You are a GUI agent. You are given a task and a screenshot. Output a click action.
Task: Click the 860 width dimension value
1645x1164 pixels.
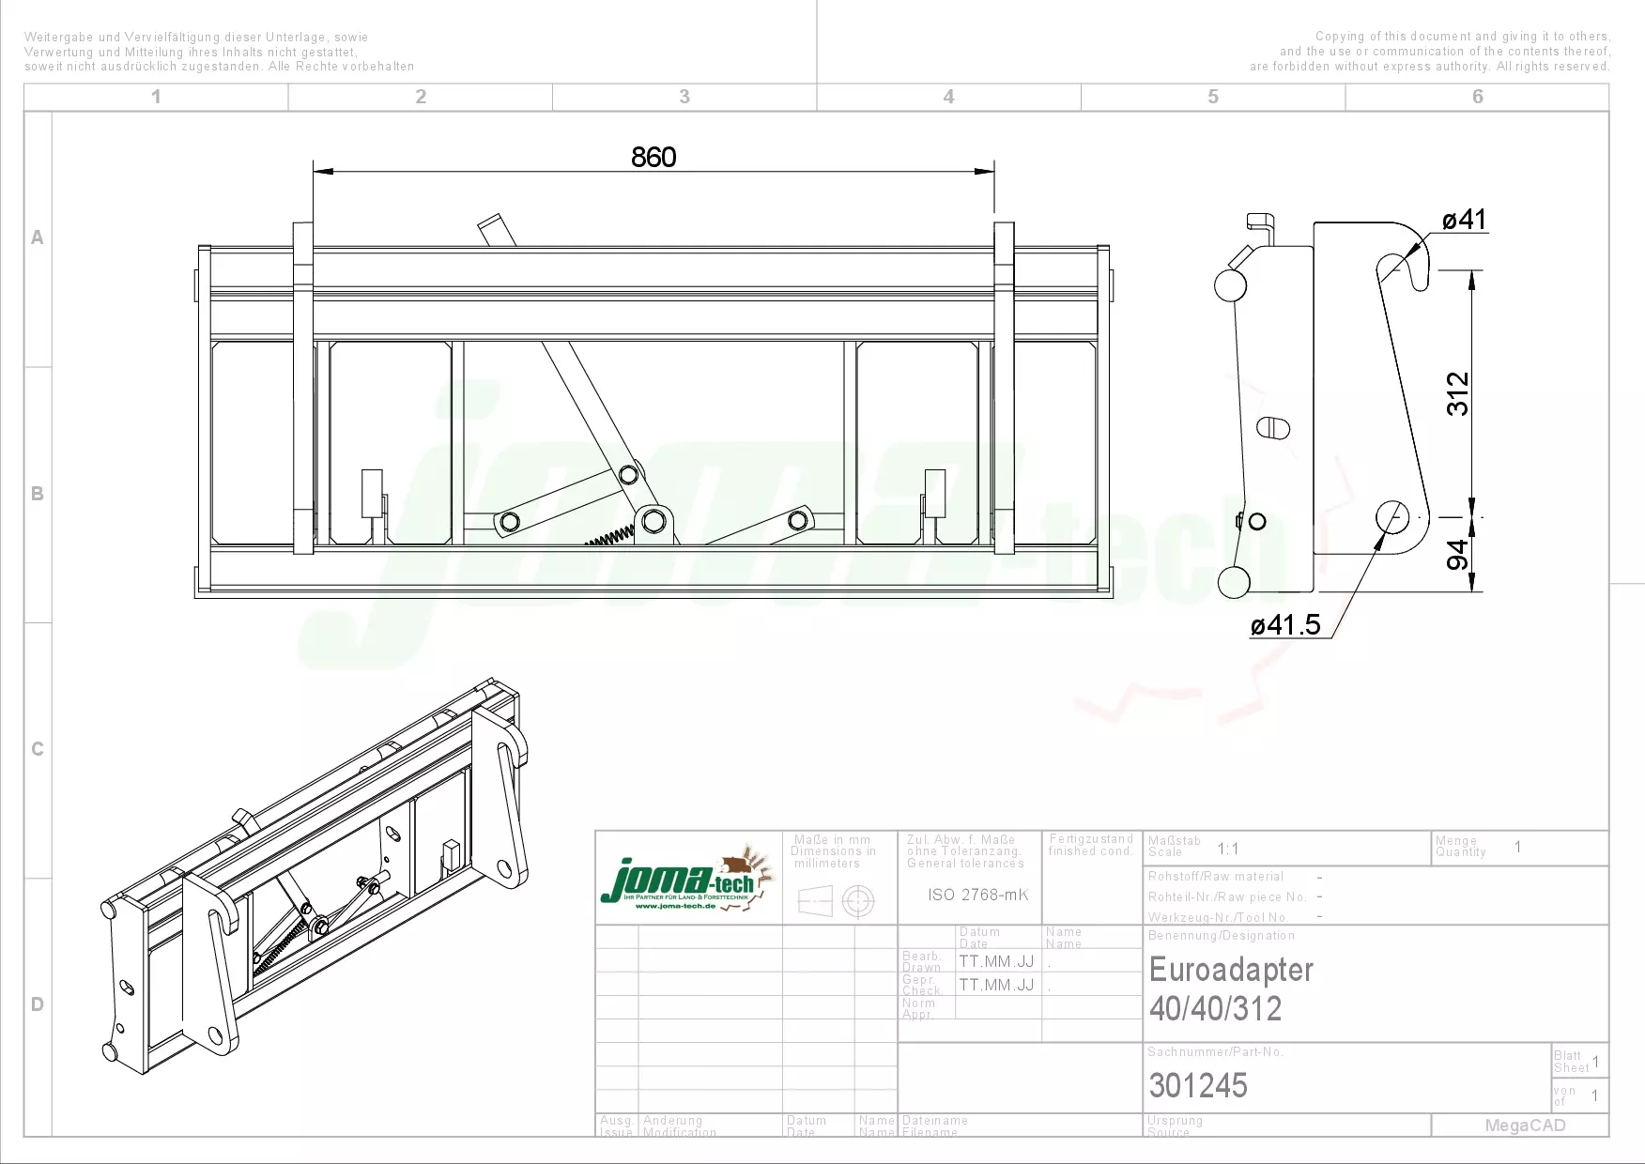[x=653, y=157]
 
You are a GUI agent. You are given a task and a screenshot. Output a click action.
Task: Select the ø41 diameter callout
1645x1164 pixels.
[x=1464, y=220]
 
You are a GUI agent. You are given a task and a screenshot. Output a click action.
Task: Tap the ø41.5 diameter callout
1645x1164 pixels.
[x=1285, y=624]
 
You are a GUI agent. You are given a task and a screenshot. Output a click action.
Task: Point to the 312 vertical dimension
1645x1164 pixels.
[x=1457, y=393]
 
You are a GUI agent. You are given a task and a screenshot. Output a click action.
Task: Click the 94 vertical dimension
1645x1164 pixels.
[x=1457, y=555]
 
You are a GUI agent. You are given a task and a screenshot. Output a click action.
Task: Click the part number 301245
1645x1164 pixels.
[x=1198, y=1086]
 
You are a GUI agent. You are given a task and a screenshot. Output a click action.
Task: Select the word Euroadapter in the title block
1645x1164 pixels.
[x=1231, y=970]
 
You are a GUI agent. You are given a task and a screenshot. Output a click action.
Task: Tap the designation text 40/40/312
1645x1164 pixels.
[x=1215, y=1009]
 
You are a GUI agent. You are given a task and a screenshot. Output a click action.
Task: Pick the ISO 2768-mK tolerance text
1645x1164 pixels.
[x=977, y=895]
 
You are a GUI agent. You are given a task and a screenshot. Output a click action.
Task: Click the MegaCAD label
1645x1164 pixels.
[x=1525, y=1126]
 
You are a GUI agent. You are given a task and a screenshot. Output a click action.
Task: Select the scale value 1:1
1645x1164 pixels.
[x=1228, y=849]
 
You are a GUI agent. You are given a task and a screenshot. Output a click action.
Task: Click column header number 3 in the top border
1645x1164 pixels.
[x=684, y=97]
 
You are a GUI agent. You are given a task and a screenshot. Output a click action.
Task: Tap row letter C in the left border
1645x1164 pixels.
[x=38, y=749]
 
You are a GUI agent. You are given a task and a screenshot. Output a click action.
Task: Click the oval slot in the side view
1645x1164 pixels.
[x=1272, y=427]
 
